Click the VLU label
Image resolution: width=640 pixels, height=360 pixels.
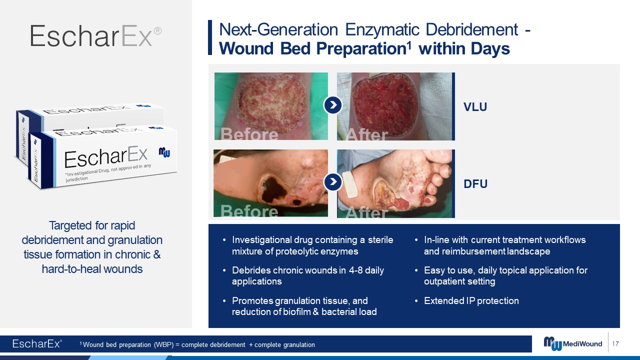coord(475,107)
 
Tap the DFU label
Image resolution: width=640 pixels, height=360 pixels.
coord(475,183)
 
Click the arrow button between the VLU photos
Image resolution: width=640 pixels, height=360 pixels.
coord(333,105)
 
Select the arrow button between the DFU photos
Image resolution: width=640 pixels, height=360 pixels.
coord(333,181)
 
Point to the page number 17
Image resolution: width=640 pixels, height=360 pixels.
coord(615,343)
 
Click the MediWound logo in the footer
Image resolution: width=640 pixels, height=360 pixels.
coord(572,343)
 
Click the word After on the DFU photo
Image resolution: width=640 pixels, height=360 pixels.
coord(367,212)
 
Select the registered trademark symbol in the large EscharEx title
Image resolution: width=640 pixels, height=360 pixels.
coord(157,31)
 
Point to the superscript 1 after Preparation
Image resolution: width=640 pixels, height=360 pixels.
coord(409,44)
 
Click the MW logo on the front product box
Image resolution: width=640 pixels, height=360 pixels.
coord(164,152)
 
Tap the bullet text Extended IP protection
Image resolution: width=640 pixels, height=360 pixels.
coord(471,300)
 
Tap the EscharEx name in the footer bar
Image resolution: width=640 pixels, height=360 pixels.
coord(36,343)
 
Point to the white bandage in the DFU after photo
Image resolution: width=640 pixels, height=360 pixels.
coord(350,184)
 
